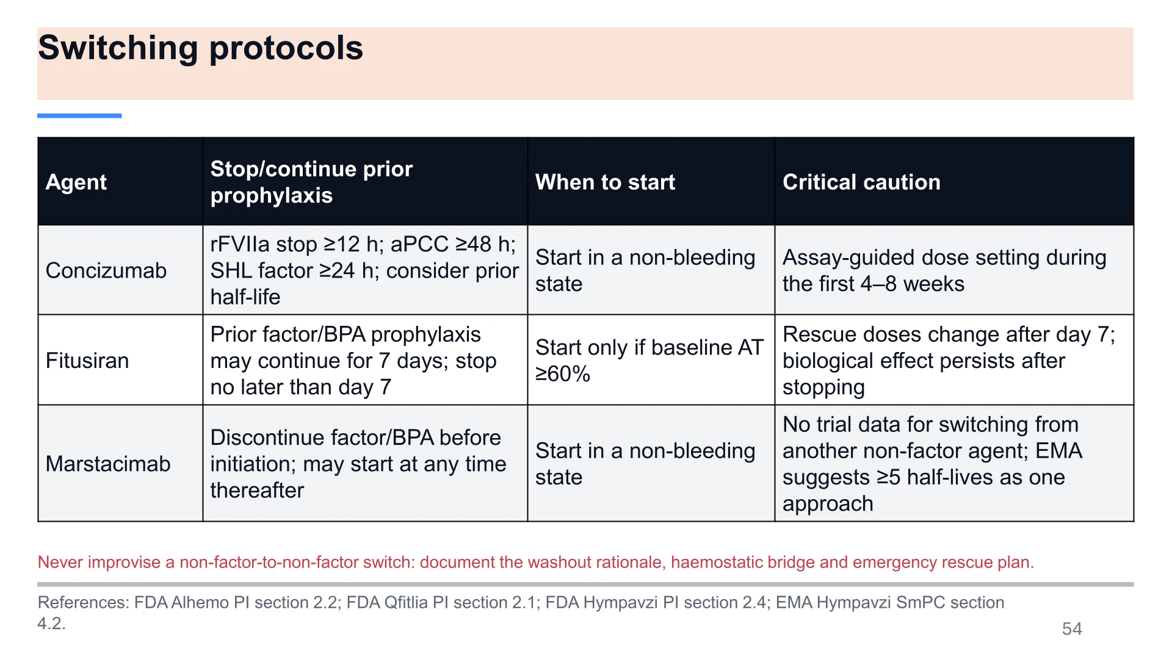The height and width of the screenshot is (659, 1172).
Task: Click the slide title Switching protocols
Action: click(x=200, y=48)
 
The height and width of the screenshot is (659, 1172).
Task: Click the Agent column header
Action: click(x=76, y=182)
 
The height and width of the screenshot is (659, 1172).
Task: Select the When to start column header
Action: click(x=605, y=182)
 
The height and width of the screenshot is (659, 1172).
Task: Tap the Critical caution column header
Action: click(x=861, y=182)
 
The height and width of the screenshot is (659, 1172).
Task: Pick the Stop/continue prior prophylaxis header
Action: click(x=311, y=182)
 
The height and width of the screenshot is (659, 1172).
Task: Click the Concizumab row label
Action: click(x=106, y=270)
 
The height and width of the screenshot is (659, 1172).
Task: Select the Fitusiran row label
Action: click(x=87, y=361)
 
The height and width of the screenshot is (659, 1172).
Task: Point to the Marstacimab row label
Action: click(x=108, y=464)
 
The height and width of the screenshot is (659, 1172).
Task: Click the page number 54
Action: click(x=1072, y=628)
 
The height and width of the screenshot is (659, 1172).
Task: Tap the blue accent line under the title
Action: click(x=79, y=115)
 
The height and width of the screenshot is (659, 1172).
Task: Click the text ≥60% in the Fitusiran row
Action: click(x=563, y=373)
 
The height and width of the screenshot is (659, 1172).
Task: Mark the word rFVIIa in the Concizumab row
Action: click(x=240, y=244)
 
